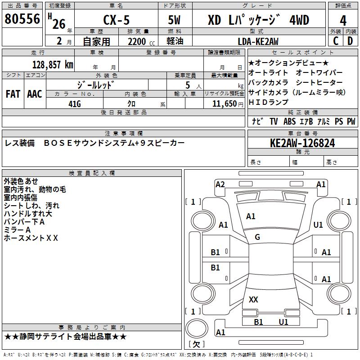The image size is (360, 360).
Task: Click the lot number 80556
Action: point(22,19)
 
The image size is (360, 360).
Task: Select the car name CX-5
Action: point(116,20)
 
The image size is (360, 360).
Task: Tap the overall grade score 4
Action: point(343,21)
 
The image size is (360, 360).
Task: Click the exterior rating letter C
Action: point(336,41)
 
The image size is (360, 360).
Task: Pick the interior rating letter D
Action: point(350,41)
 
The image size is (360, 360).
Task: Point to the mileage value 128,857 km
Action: point(53,65)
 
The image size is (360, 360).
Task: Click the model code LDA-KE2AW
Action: point(258,41)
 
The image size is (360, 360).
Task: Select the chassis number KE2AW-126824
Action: point(302,143)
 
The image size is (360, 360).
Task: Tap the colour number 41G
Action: point(75,104)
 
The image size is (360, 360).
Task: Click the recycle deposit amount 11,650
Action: point(225,104)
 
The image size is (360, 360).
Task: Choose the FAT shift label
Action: point(13,94)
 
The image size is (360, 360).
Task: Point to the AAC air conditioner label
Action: point(35,94)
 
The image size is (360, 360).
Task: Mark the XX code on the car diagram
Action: point(253,299)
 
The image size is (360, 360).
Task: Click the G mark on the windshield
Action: point(257,237)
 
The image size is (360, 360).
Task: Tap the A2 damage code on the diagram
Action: point(220,184)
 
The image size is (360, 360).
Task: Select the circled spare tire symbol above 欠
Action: point(197,328)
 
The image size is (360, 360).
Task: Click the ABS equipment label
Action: point(289,121)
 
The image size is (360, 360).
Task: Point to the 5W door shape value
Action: point(174,20)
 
